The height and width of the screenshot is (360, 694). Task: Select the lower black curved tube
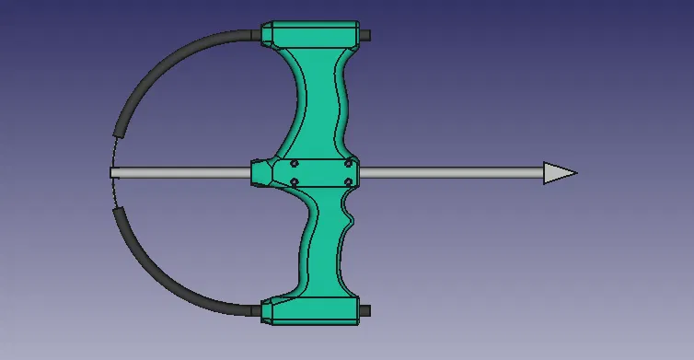tap(166, 273)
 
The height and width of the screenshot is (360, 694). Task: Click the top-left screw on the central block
tap(294, 163)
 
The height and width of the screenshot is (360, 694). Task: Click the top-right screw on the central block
tap(347, 163)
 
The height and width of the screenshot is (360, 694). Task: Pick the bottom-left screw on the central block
tap(294, 181)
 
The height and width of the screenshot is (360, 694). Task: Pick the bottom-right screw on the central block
tap(347, 181)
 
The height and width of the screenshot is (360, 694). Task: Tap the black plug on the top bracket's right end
tap(366, 34)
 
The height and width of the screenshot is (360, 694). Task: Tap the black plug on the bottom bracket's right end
tap(366, 310)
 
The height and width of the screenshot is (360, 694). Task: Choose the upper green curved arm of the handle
tap(318, 101)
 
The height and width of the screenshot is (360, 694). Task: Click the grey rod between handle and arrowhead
tap(451, 172)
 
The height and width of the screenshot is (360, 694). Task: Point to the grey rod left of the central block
tap(184, 172)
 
